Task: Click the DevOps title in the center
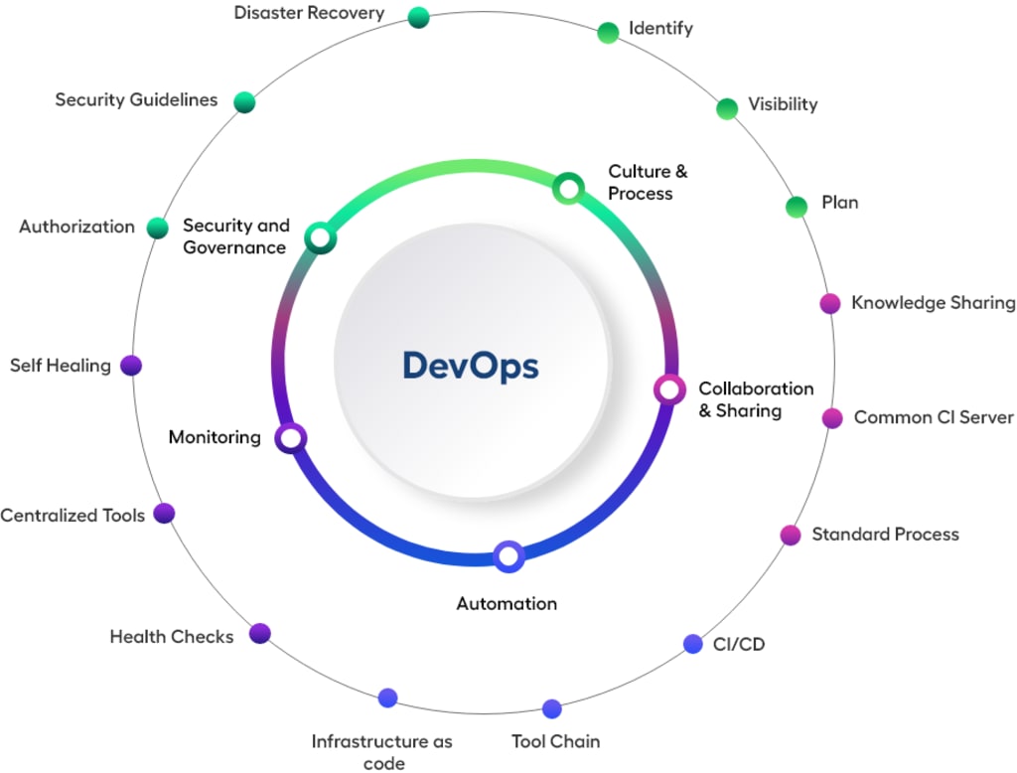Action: [x=470, y=366]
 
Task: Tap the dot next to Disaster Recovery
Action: [x=418, y=17]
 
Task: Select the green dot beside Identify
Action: [x=608, y=33]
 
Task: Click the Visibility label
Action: [x=783, y=104]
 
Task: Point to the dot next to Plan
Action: [x=797, y=207]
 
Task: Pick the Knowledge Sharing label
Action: [x=933, y=303]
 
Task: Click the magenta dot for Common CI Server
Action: [x=832, y=418]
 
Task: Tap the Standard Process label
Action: [x=885, y=535]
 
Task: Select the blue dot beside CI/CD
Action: [x=693, y=644]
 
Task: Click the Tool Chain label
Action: [x=555, y=741]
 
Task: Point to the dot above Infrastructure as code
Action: [x=387, y=698]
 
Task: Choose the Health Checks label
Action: [x=171, y=637]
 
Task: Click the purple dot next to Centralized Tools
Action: [x=165, y=514]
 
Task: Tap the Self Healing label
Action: [x=61, y=366]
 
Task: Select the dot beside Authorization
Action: [x=157, y=228]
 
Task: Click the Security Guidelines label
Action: [x=136, y=100]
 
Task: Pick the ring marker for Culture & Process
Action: [x=567, y=187]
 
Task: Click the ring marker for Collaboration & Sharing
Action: [x=669, y=388]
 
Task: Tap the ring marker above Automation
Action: [x=508, y=556]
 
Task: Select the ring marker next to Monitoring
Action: [x=291, y=437]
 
